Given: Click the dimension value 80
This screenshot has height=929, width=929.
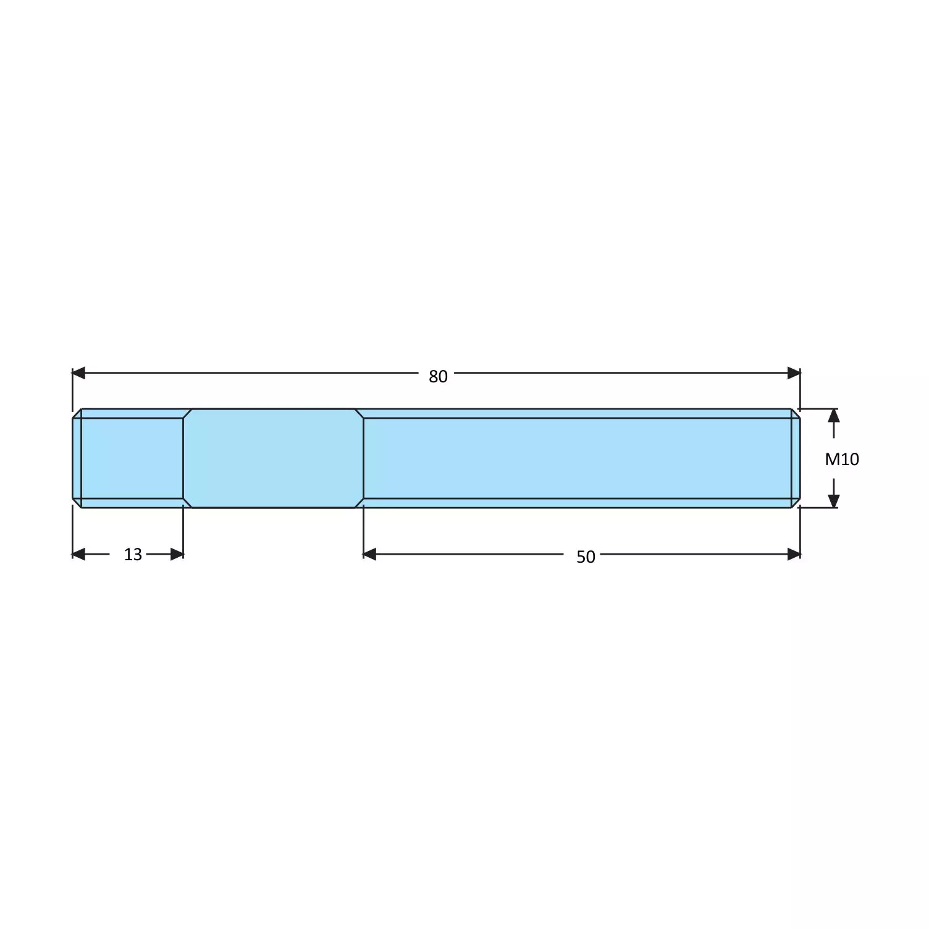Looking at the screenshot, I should [438, 376].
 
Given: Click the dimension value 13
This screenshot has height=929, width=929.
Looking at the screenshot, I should [133, 554].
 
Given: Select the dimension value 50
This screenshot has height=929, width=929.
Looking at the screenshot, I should [586, 557].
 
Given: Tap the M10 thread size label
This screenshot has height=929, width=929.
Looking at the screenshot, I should [842, 459].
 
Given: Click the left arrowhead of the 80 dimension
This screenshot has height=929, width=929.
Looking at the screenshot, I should [79, 373].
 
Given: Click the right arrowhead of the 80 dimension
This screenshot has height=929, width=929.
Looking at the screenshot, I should [794, 373].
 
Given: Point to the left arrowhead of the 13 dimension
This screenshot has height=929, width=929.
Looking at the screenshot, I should [79, 554].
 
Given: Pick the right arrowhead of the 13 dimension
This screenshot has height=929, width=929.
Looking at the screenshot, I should [177, 554].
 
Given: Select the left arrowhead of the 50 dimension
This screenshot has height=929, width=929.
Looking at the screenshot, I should [370, 554].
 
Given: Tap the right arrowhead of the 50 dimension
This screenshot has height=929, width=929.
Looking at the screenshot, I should [794, 554].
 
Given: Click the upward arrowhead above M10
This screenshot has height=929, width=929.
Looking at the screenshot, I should [833, 415].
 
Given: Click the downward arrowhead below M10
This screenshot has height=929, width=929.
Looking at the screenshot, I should [833, 501].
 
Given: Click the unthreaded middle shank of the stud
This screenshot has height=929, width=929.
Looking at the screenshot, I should [273, 458].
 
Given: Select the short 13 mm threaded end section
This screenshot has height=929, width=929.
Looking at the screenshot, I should [132, 458].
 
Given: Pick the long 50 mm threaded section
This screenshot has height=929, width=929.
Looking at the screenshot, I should [578, 458].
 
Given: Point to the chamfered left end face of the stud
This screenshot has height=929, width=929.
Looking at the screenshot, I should [77, 458].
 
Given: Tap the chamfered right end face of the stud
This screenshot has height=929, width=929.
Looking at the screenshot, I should [796, 458].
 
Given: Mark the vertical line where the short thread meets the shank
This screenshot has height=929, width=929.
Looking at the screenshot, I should [183, 458].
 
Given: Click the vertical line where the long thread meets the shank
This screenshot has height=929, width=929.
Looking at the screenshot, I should [363, 458].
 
